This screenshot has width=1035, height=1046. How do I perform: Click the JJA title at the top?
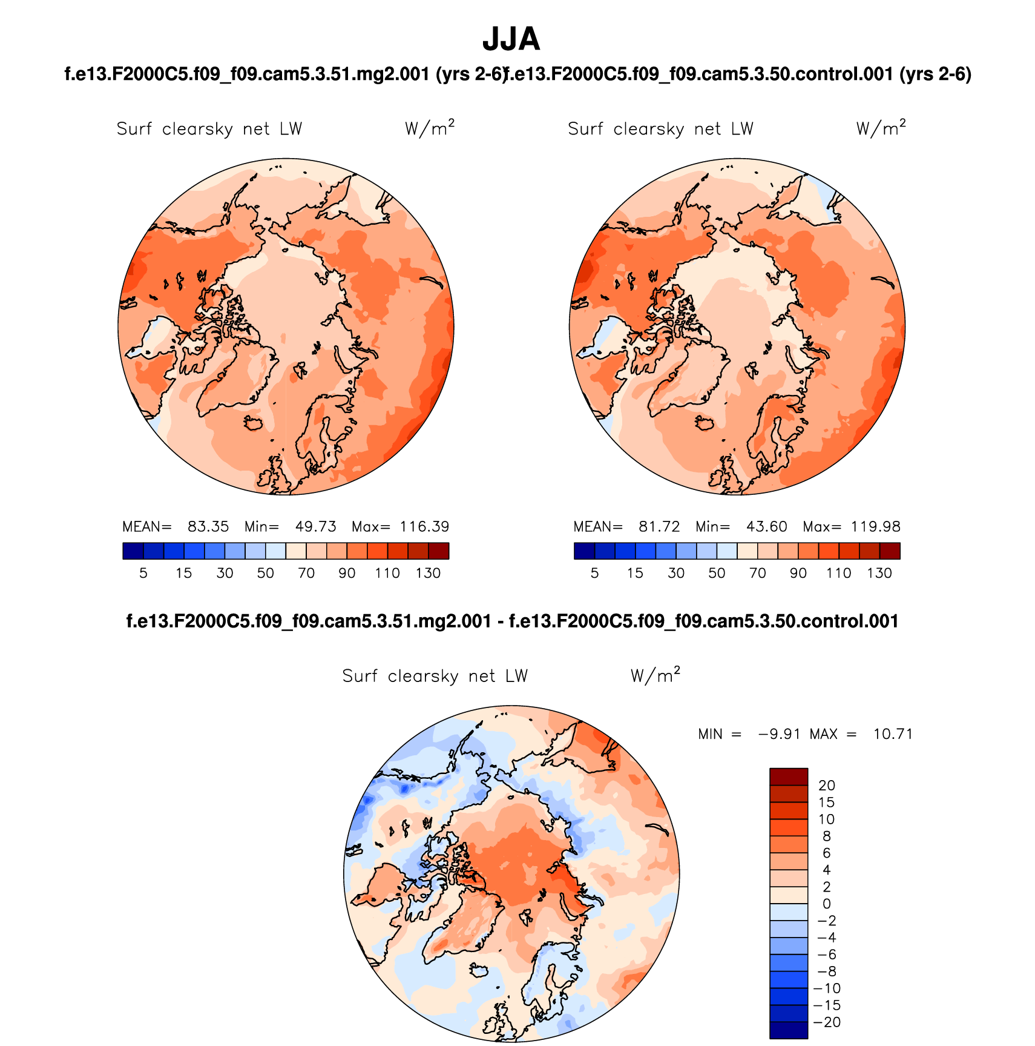click(511, 40)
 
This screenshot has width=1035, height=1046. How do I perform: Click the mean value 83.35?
click(208, 527)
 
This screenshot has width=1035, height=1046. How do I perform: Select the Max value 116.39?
click(424, 527)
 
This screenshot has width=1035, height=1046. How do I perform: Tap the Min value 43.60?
click(766, 527)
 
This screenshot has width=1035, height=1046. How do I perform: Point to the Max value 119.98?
click(875, 527)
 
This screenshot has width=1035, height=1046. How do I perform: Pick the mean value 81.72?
click(659, 527)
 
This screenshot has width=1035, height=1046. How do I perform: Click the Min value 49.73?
click(315, 527)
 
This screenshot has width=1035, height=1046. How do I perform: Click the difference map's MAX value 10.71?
click(893, 734)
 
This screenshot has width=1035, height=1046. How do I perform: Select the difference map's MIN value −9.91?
click(779, 734)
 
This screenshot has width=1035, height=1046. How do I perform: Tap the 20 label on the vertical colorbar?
click(826, 786)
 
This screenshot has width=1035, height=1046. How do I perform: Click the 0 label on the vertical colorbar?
click(827, 904)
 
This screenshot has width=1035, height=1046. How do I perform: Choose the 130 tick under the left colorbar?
click(428, 573)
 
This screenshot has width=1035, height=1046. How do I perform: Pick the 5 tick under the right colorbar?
click(594, 573)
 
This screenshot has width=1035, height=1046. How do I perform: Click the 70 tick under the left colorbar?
click(306, 573)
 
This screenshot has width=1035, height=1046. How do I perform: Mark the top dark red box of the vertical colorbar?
click(789, 776)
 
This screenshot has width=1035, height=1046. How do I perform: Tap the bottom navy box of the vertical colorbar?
click(789, 1030)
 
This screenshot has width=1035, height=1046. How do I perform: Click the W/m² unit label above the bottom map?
click(655, 675)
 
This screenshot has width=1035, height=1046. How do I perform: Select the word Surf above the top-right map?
click(585, 129)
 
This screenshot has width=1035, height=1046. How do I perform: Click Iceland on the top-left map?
click(255, 422)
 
